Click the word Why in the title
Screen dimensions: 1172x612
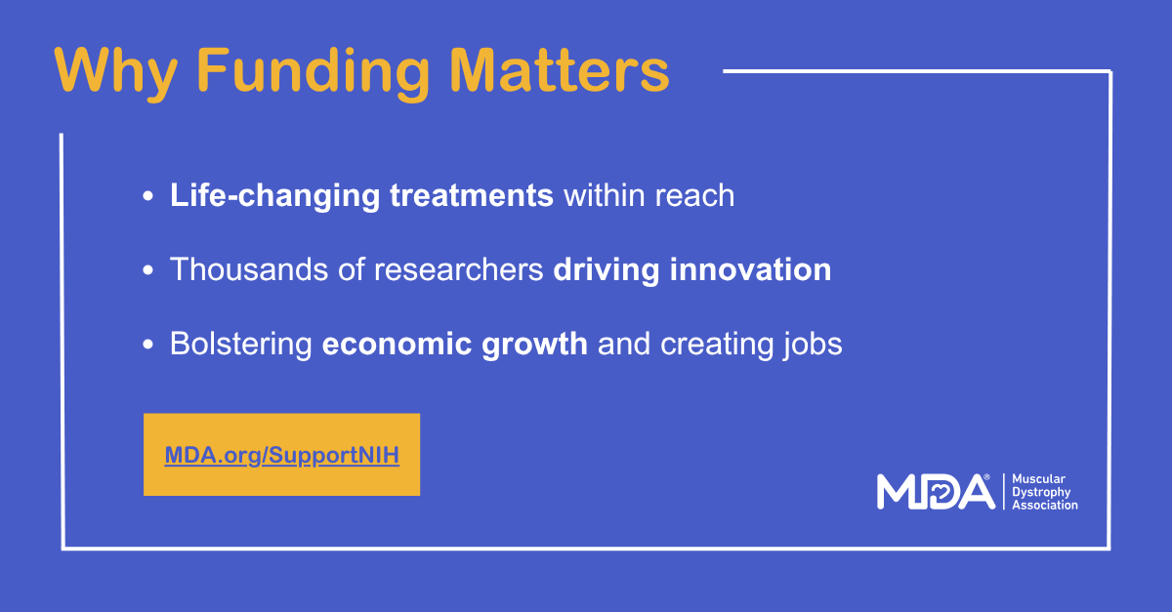pos(116,72)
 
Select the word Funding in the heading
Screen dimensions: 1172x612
pos(314,73)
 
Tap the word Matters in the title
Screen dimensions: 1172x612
pos(560,70)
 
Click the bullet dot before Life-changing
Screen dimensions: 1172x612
pos(148,196)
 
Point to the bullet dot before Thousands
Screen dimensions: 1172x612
pos(148,270)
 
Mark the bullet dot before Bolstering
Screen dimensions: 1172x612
pos(148,345)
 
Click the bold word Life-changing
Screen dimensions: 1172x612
pos(274,196)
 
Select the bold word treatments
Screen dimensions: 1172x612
pos(472,195)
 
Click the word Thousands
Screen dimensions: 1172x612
pos(248,269)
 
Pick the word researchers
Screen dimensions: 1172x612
pos(458,270)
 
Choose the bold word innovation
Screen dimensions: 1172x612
pos(750,269)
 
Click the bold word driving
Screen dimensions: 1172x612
pos(607,271)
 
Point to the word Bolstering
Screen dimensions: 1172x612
pos(241,346)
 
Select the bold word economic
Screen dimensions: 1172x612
pos(397,345)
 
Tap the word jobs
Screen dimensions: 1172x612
pos(813,346)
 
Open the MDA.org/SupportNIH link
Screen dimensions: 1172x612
pos(282,455)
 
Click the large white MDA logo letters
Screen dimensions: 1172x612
pos(936,492)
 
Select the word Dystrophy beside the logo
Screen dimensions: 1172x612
pos(1041,493)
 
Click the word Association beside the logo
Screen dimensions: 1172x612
pos(1045,506)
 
